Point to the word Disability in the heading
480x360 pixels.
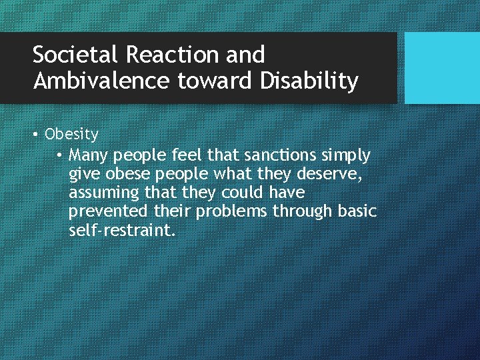tap(309, 81)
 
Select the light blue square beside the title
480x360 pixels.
tap(442, 68)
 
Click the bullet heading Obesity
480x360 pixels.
tap(71, 135)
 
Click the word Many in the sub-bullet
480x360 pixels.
tap(89, 155)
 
